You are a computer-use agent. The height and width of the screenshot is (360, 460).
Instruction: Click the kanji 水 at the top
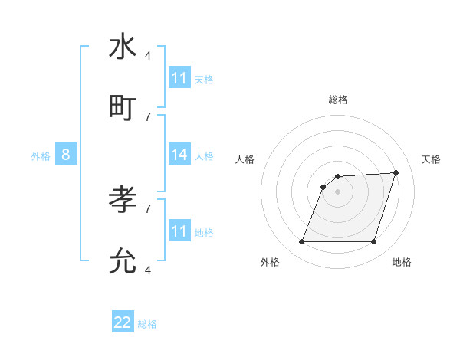coord(123,47)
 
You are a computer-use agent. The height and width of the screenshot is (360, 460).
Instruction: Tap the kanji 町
coord(123,108)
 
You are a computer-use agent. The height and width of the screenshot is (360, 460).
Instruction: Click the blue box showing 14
coord(179,155)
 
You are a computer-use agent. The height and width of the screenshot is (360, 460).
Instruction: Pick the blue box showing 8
coord(66,155)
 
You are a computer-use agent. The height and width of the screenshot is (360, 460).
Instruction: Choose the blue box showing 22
coord(123,322)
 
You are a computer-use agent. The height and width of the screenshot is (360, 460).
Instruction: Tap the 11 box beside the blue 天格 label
coord(179,78)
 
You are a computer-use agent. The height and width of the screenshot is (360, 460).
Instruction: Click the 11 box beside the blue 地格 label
coord(179,231)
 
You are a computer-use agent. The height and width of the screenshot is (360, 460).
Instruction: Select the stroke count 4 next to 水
coord(148,55)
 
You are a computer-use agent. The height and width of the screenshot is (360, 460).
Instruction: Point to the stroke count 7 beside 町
coord(148,116)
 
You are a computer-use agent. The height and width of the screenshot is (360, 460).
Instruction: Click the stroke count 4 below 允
coord(148,270)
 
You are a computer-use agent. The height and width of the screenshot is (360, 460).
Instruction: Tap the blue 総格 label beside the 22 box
coord(147,324)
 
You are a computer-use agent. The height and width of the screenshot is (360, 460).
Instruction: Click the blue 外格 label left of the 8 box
coord(41,155)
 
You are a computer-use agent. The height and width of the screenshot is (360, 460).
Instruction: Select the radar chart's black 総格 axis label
coord(337,100)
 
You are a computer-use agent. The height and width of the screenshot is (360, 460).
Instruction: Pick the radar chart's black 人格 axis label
coord(245,159)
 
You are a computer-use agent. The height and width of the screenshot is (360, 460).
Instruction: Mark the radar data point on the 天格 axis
coord(396,172)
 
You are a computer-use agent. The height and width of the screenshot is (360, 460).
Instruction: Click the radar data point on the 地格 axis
coord(373,242)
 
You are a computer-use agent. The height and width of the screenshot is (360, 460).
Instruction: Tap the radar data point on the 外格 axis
coord(301,242)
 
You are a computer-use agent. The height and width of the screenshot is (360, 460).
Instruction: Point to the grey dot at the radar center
coord(337,191)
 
